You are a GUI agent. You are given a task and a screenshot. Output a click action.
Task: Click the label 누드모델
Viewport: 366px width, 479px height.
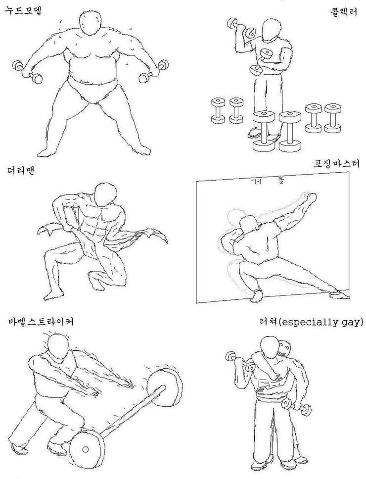tap(23, 9)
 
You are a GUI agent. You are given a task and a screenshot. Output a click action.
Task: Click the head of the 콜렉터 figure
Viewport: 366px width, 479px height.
tap(271, 31)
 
